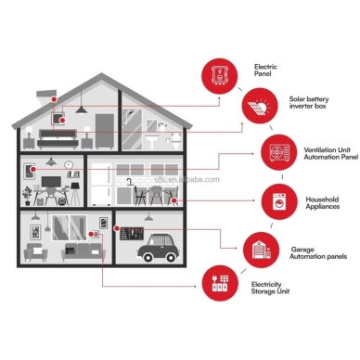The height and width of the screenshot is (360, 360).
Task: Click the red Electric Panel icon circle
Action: click(220, 76)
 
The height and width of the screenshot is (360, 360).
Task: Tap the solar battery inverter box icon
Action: click(260, 106)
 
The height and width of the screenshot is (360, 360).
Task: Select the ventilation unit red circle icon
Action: click(279, 152)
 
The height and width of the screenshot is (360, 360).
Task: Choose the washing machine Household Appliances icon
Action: click(279, 201)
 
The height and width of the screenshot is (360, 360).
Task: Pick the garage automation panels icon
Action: click(261, 251)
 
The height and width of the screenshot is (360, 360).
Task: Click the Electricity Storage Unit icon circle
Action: click(220, 283)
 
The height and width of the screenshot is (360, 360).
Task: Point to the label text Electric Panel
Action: click(265, 71)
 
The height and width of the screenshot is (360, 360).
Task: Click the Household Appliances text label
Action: click(323, 203)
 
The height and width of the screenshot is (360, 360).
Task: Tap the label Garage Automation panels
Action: click(318, 253)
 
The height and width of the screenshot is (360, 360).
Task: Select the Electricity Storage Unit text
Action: click(270, 288)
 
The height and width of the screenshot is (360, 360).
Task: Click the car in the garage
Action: click(158, 248)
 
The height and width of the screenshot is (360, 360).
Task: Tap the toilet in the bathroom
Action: click(176, 142)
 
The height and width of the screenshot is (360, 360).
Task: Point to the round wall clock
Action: click(69, 165)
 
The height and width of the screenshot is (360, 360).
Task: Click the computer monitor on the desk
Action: click(51, 182)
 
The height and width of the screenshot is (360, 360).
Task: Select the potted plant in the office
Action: click(27, 196)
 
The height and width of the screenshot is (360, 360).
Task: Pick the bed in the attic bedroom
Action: click(58, 139)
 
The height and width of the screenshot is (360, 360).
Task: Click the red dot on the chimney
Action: click(54, 99)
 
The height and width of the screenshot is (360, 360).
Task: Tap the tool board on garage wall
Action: click(132, 234)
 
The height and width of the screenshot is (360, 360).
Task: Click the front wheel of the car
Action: click(171, 257)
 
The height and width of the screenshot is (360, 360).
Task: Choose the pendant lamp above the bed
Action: click(81, 109)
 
